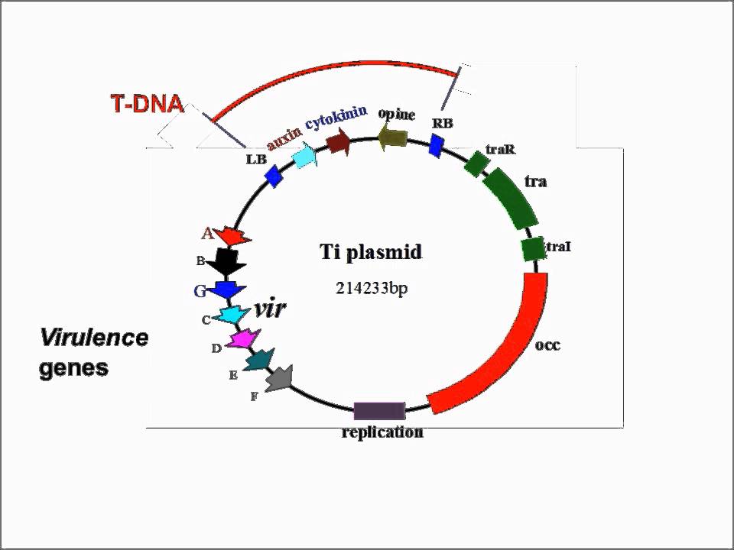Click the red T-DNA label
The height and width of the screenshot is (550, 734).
pyautogui.click(x=148, y=104)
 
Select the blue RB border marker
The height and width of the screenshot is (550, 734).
pyautogui.click(x=436, y=145)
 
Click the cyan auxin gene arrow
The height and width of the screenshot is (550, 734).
pyautogui.click(x=305, y=156)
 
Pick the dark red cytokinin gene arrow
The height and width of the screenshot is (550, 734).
pyautogui.click(x=339, y=141)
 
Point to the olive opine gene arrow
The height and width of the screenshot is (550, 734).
pyautogui.click(x=393, y=137)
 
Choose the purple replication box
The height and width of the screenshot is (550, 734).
pyautogui.click(x=379, y=411)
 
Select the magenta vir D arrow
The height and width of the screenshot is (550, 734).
pyautogui.click(x=245, y=338)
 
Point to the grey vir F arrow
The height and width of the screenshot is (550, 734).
pyautogui.click(x=279, y=377)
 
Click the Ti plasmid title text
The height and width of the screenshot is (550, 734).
pyautogui.click(x=370, y=252)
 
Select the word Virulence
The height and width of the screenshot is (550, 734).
pyautogui.click(x=93, y=338)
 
